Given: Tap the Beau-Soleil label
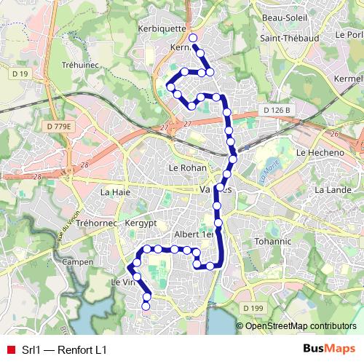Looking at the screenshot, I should (x=282, y=17).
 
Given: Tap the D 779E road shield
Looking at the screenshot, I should (x=59, y=126).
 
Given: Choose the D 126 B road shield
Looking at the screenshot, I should (x=276, y=110).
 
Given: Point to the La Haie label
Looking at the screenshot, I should (x=114, y=193).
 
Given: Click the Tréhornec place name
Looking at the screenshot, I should (x=97, y=223).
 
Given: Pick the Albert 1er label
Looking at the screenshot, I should (x=194, y=235).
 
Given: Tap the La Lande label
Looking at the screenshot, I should (x=331, y=190).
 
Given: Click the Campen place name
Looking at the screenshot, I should (x=77, y=261).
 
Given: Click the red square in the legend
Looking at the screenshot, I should (x=10, y=350).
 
